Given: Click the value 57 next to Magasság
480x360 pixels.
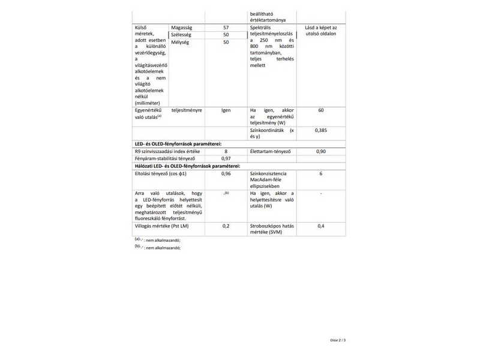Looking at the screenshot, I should pyautogui.click(x=226, y=28).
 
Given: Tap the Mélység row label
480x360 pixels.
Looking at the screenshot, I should pyautogui.click(x=180, y=43).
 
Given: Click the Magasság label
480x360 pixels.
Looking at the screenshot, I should pyautogui.click(x=182, y=28).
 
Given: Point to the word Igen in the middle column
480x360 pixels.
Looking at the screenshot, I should pyautogui.click(x=226, y=110).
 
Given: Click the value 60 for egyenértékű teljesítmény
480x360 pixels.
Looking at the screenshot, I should pyautogui.click(x=321, y=110).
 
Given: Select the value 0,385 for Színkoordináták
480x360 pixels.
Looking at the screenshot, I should pyautogui.click(x=321, y=130).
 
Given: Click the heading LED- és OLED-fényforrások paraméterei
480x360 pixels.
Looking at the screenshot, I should pyautogui.click(x=178, y=144).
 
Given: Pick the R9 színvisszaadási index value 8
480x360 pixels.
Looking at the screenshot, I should pyautogui.click(x=226, y=151).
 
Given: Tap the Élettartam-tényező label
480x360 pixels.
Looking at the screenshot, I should pyautogui.click(x=271, y=151).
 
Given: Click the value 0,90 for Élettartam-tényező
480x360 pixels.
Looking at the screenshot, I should pyautogui.click(x=321, y=151).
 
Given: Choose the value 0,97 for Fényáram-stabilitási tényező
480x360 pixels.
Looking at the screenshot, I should pyautogui.click(x=226, y=158).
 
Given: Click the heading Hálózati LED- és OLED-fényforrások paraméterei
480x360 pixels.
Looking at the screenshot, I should pyautogui.click(x=187, y=166).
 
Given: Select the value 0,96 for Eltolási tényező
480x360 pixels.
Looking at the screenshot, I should pyautogui.click(x=226, y=173).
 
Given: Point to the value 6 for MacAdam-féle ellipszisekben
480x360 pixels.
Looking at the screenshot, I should pyautogui.click(x=321, y=173).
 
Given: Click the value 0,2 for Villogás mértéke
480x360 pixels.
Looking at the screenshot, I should pyautogui.click(x=226, y=226).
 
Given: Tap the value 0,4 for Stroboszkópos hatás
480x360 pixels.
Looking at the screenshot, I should pyautogui.click(x=321, y=226).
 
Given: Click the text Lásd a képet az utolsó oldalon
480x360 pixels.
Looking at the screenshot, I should pyautogui.click(x=321, y=31).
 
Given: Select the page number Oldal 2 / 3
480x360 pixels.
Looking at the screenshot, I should pyautogui.click(x=338, y=340).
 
